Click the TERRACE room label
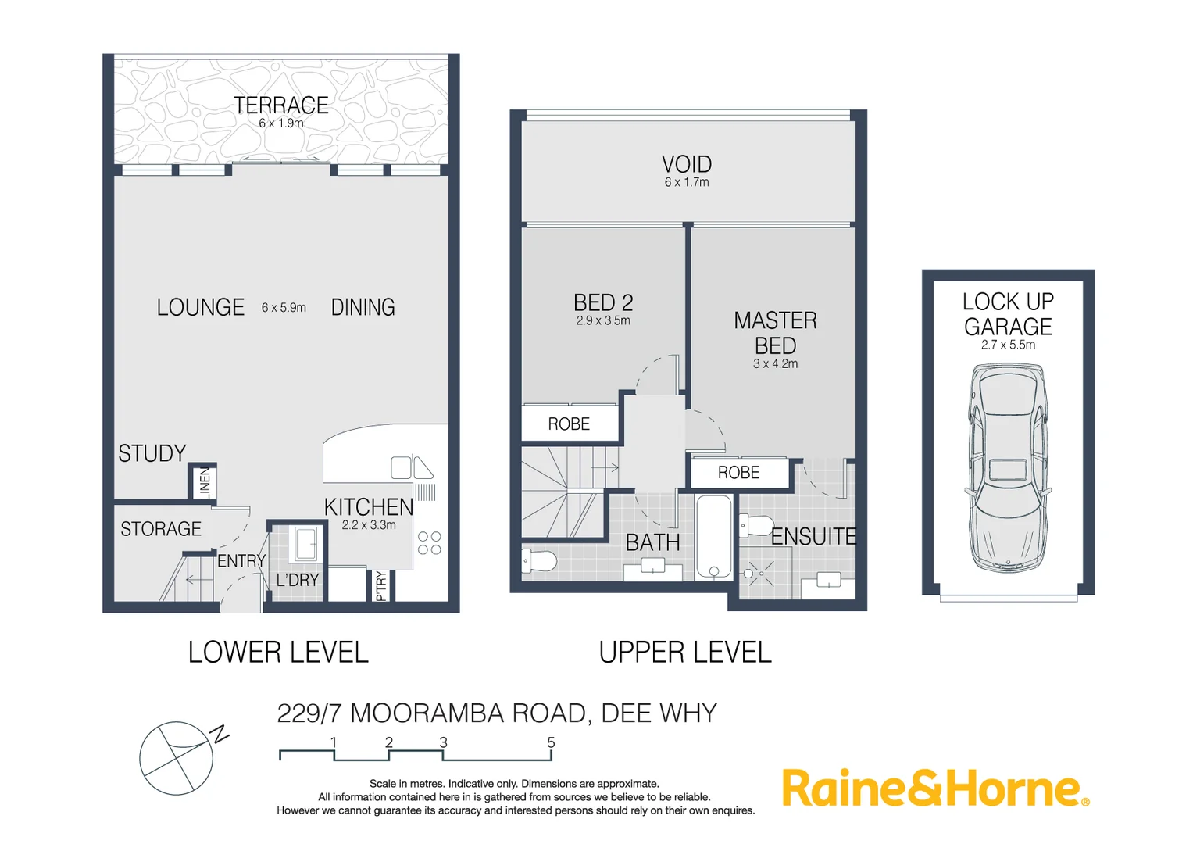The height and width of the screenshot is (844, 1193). (x=280, y=105)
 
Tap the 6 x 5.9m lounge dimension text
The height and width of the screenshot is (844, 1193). (x=284, y=308)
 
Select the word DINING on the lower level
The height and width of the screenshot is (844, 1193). (x=363, y=307)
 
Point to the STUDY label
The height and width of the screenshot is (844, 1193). (x=152, y=453)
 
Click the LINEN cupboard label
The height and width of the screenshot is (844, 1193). (x=205, y=483)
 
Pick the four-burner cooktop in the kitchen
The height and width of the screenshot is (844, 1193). (x=429, y=543)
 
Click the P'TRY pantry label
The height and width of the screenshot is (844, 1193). (x=380, y=585)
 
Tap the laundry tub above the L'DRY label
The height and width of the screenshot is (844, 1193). (x=305, y=543)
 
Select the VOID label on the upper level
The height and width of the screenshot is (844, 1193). (x=687, y=164)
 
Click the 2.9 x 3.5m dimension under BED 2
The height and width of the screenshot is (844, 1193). (x=603, y=320)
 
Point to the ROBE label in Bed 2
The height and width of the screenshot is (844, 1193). (x=569, y=424)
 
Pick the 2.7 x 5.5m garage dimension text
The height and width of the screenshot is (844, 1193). (x=1008, y=345)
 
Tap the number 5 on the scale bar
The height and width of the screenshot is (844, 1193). (x=551, y=742)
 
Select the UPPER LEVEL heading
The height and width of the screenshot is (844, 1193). (x=685, y=652)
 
